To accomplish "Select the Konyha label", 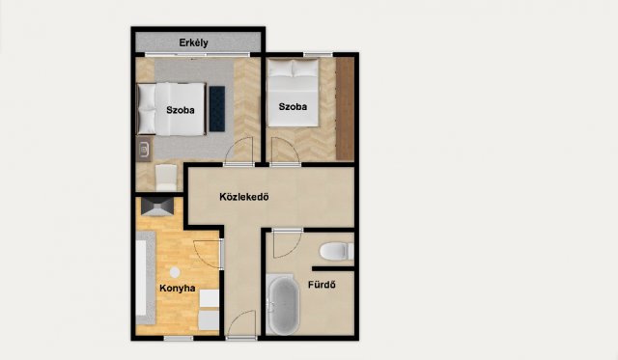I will click(x=178, y=288).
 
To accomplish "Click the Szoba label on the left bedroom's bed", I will click(x=181, y=110).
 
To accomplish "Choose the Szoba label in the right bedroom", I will click(x=293, y=108).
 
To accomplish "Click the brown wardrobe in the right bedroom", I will click(x=345, y=109).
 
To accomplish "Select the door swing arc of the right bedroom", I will click(x=284, y=151).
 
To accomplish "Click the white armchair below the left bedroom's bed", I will click(x=166, y=176).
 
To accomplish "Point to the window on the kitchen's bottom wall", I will click(x=178, y=338).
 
